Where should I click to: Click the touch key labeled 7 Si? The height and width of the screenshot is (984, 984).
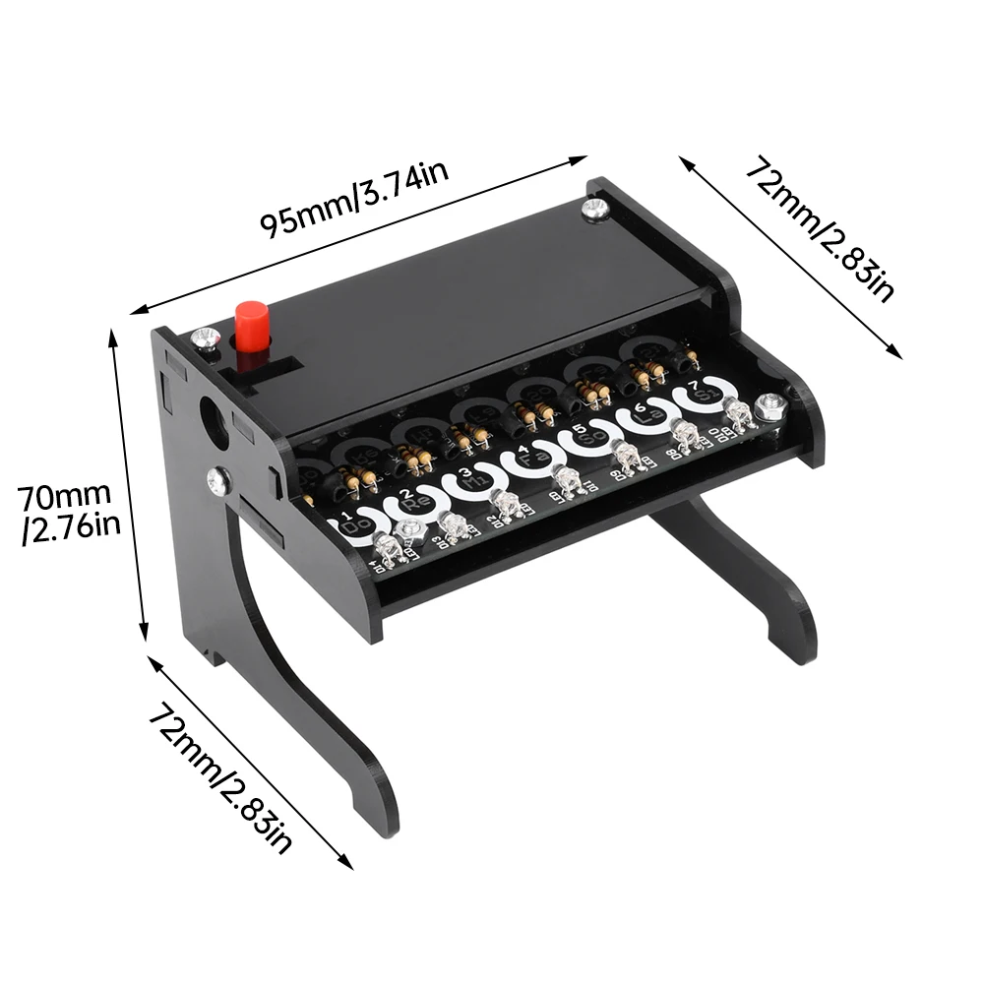point(701,391)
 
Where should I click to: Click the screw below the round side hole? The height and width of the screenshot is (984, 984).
point(218,481)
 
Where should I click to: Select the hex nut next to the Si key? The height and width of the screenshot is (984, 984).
point(769,403)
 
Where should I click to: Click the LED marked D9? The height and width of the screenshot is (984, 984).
point(622,456)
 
